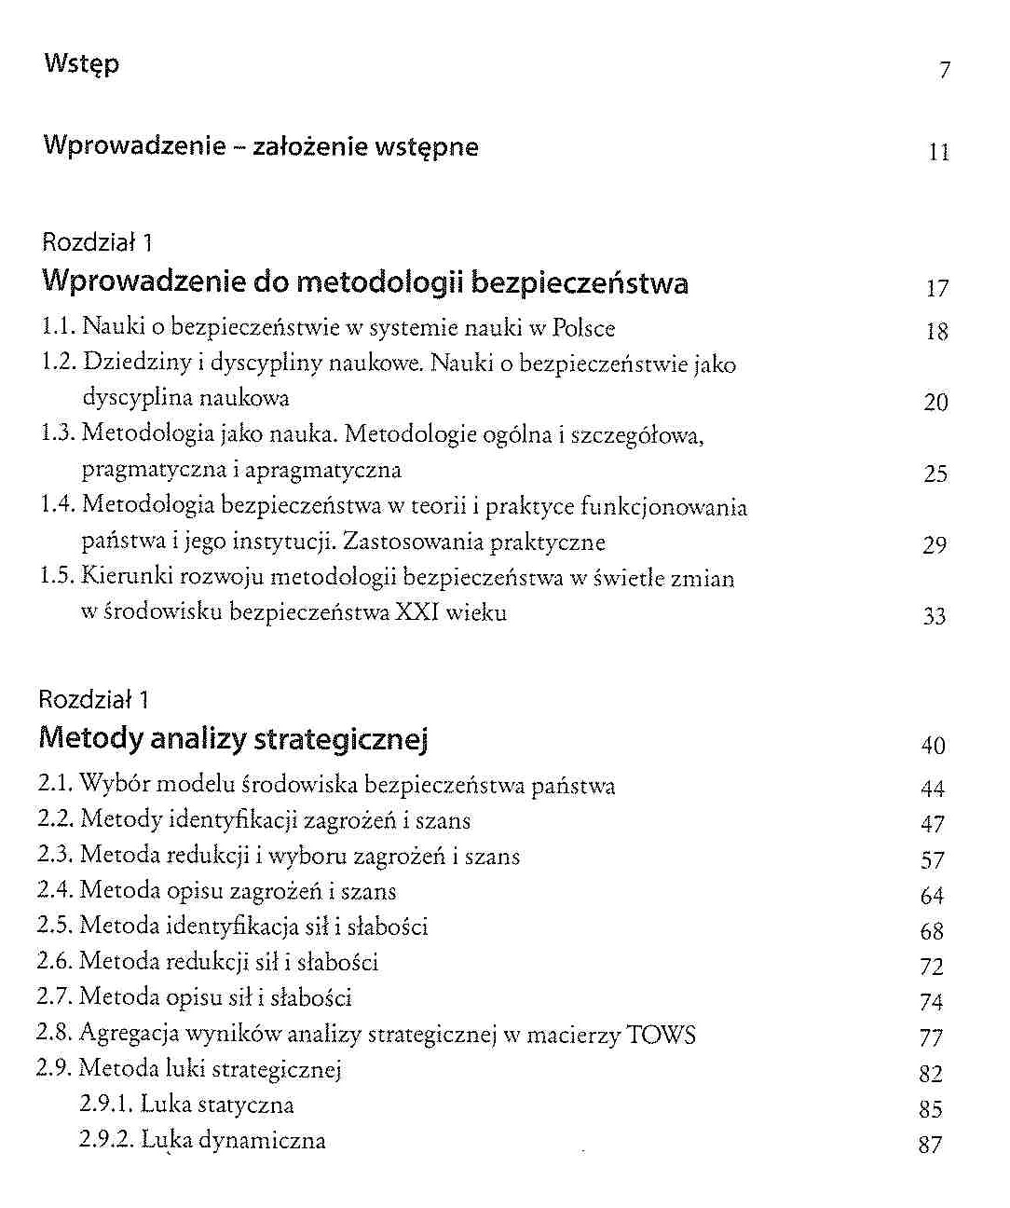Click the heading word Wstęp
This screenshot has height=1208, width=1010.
tap(82, 65)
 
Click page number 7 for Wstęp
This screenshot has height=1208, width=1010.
tap(945, 70)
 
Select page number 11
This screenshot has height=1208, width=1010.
tap(939, 152)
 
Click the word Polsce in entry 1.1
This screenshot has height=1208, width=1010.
tap(583, 328)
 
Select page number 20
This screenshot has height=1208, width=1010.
tap(935, 402)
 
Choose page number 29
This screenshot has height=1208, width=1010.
tap(935, 545)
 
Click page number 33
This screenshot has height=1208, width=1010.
tap(935, 616)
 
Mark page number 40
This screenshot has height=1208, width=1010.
tap(933, 746)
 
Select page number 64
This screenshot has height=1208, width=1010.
tap(932, 896)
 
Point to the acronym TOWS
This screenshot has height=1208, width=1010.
tap(662, 1035)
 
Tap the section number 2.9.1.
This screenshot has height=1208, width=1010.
tap(106, 1105)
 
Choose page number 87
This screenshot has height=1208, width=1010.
tap(930, 1145)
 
